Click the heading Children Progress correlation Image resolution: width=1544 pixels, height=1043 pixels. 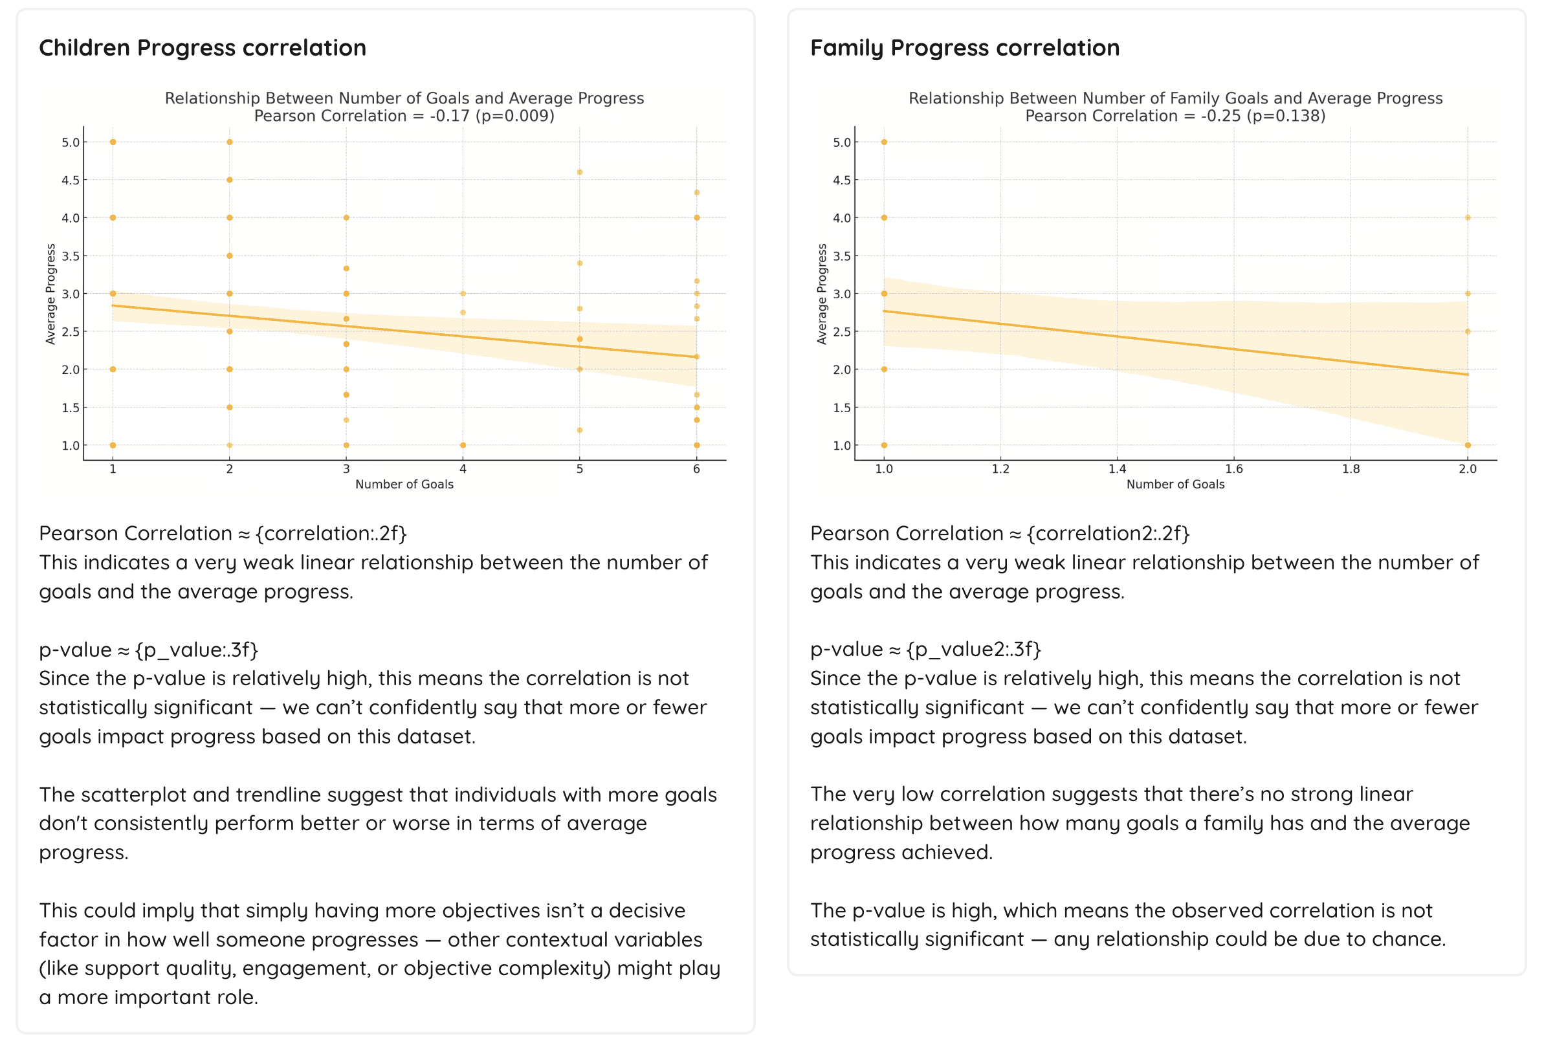[x=203, y=48]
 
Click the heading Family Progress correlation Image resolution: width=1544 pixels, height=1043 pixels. [x=965, y=48]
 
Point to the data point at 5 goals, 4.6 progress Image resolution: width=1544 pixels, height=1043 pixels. [x=580, y=172]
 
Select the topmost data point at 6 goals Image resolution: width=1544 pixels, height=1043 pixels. [x=697, y=193]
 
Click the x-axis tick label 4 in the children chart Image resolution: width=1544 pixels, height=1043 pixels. [x=463, y=469]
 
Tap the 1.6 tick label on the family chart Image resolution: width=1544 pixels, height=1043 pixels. [x=1234, y=469]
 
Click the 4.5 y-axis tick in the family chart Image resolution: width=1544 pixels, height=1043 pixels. [x=841, y=180]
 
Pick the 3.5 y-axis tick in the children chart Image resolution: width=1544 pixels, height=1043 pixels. [x=71, y=256]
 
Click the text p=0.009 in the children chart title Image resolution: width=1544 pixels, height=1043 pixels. [x=515, y=116]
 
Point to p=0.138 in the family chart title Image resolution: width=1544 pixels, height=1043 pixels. [x=1286, y=116]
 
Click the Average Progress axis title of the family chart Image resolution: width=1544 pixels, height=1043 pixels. [x=822, y=294]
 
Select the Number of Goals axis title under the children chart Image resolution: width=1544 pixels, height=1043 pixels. [x=404, y=485]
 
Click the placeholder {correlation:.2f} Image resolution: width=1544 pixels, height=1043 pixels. [x=331, y=533]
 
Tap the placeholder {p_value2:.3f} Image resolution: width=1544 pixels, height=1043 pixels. [x=973, y=649]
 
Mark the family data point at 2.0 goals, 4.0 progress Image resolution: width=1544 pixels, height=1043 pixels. [x=1468, y=218]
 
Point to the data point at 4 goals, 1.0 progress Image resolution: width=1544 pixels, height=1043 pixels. [x=463, y=445]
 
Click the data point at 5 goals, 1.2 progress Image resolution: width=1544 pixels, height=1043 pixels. [x=580, y=430]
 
